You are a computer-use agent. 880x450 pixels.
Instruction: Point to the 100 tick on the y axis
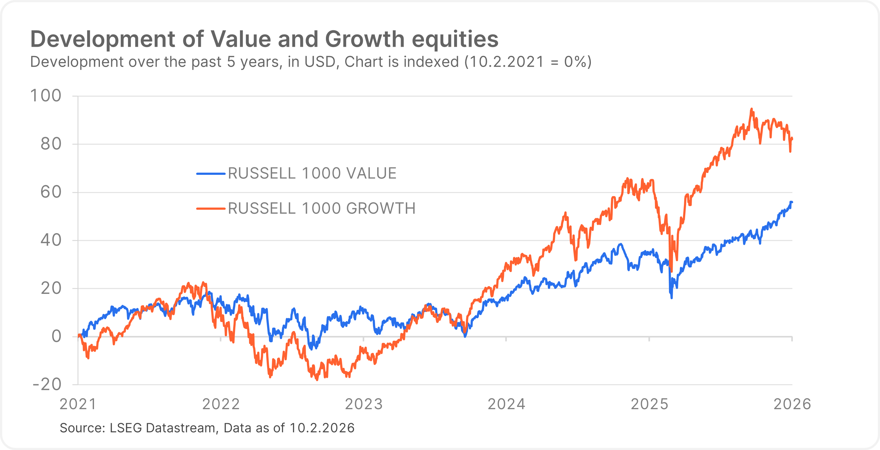pyautogui.click(x=46, y=96)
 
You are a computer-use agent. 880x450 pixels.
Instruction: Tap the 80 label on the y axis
pyautogui.click(x=51, y=144)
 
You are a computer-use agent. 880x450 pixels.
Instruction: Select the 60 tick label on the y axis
pyautogui.click(x=51, y=192)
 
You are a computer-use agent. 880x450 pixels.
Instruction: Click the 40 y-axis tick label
pyautogui.click(x=51, y=240)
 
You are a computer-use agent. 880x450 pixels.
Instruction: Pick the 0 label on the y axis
pyautogui.click(x=56, y=337)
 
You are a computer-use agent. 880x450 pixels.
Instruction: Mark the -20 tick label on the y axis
pyautogui.click(x=47, y=385)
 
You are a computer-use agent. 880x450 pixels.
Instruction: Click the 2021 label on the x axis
pyautogui.click(x=78, y=404)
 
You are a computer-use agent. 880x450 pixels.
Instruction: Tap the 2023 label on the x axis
pyautogui.click(x=364, y=404)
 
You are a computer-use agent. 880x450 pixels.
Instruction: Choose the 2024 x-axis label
pyautogui.click(x=506, y=404)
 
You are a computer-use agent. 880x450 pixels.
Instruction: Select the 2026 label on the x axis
pyautogui.click(x=792, y=404)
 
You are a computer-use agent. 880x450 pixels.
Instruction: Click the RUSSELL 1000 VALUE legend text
pyautogui.click(x=312, y=173)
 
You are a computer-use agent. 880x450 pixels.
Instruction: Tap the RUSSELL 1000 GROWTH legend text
pyautogui.click(x=322, y=208)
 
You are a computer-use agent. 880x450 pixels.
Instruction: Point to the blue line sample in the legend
pyautogui.click(x=211, y=174)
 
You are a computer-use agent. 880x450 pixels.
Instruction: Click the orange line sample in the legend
pyautogui.click(x=211, y=208)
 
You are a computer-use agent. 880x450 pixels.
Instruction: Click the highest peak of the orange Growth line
pyautogui.click(x=751, y=109)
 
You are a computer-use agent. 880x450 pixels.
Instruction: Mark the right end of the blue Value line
pyautogui.click(x=792, y=202)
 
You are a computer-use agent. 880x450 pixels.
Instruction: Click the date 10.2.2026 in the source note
pyautogui.click(x=322, y=428)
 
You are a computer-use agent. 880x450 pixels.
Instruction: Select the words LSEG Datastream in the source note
pyautogui.click(x=162, y=428)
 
